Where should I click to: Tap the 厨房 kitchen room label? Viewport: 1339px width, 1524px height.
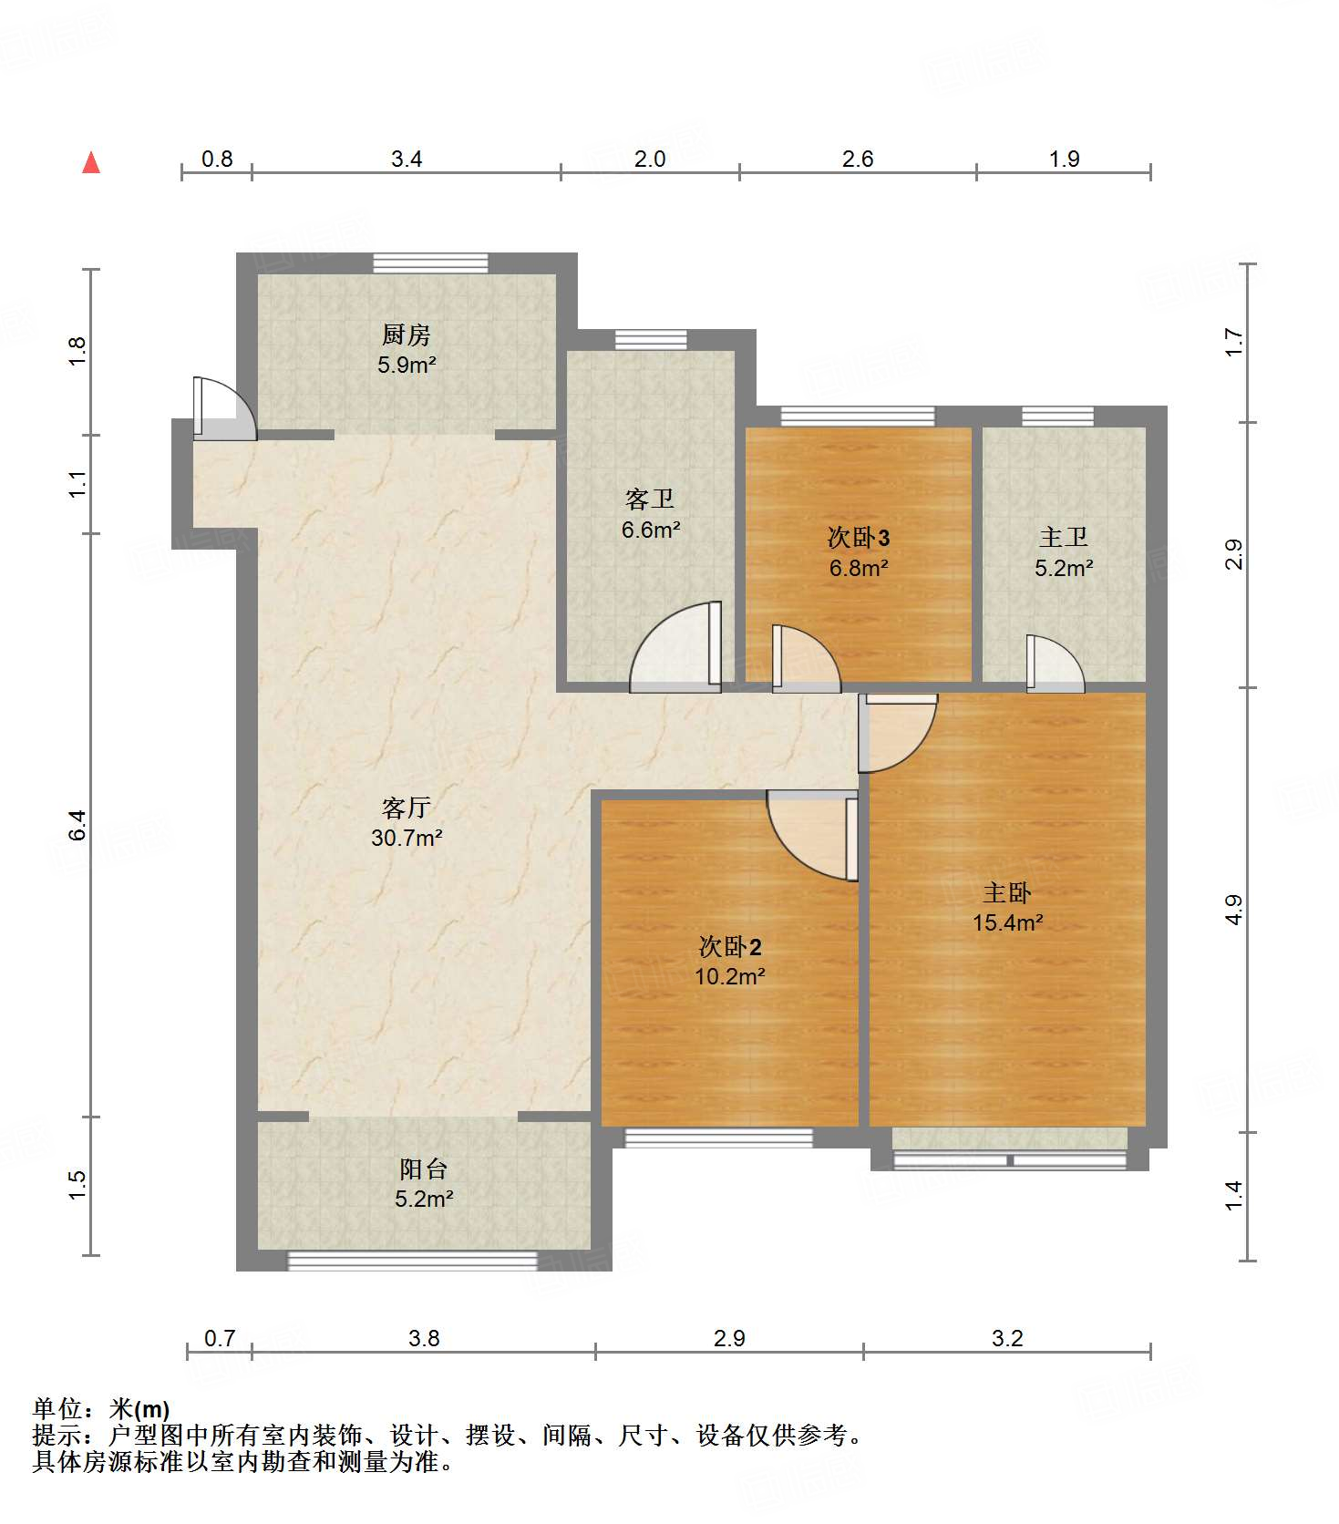point(407,335)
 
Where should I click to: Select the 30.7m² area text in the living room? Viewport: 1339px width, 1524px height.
point(407,838)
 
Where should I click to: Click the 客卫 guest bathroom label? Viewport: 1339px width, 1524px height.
point(650,499)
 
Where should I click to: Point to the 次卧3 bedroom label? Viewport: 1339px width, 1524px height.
point(858,537)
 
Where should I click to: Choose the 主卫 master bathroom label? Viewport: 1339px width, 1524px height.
point(1064,537)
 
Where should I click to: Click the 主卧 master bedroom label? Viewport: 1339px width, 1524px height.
point(1007,892)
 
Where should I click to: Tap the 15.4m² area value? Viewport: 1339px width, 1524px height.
point(1007,922)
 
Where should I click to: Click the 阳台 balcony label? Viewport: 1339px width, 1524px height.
point(424,1169)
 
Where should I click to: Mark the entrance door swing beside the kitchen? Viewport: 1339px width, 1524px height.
point(224,408)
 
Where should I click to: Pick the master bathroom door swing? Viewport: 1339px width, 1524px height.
point(1056,664)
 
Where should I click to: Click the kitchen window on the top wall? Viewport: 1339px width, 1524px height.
point(430,263)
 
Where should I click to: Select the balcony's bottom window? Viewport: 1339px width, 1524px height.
point(413,1261)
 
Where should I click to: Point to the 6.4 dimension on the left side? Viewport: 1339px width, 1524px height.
point(77,825)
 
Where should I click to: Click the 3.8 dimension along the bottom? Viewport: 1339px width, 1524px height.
point(424,1338)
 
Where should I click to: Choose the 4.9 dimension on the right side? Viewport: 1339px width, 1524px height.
point(1233,910)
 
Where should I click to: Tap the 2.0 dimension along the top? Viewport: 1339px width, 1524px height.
point(650,159)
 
